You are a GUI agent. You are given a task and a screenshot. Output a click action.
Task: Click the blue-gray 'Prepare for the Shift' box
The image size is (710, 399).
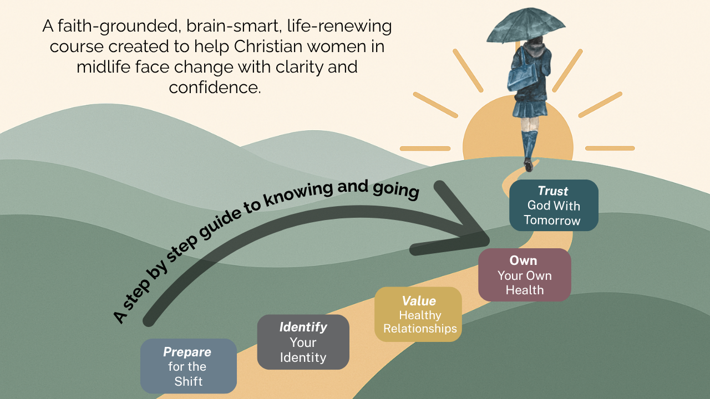tap(189, 366)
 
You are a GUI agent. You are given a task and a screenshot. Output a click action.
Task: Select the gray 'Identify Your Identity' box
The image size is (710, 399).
tap(303, 342)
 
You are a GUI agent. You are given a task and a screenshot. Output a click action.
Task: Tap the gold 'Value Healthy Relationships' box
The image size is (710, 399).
tap(418, 314)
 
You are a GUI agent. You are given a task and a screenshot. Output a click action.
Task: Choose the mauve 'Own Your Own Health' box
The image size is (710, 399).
tap(524, 275)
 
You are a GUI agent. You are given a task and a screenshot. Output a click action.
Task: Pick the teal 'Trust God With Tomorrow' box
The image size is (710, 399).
tap(554, 205)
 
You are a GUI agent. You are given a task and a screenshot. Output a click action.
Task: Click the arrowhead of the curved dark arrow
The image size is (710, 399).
tap(471, 233)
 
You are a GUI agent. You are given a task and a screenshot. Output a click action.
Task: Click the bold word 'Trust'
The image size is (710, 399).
tap(553, 191)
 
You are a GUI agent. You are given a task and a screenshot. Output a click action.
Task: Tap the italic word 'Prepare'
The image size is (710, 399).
tap(187, 352)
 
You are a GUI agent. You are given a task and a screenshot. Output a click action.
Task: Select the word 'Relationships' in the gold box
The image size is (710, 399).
tap(420, 329)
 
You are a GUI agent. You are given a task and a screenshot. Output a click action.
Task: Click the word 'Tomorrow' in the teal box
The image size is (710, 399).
tap(552, 220)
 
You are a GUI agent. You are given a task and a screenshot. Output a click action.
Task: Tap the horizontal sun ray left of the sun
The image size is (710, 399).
tap(425, 149)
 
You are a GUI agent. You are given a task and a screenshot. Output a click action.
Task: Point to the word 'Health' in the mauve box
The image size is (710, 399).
tap(524, 290)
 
